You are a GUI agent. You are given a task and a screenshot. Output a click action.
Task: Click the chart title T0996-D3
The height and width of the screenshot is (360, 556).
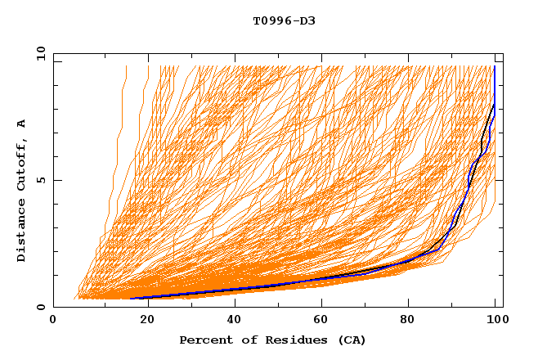click(x=284, y=20)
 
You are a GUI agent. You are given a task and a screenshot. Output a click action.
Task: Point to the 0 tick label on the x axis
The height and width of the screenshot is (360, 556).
click(x=53, y=322)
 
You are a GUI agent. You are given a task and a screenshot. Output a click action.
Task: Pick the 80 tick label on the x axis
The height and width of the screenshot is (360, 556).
click(x=414, y=322)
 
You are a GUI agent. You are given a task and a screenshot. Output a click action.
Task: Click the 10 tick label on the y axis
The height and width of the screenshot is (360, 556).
click(x=39, y=53)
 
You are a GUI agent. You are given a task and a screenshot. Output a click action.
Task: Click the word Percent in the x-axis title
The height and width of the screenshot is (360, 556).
click(x=204, y=340)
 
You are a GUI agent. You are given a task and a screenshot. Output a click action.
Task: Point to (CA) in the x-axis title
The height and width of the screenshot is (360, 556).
click(x=351, y=340)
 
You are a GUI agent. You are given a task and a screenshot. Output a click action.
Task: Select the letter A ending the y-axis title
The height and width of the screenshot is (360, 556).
click(x=22, y=123)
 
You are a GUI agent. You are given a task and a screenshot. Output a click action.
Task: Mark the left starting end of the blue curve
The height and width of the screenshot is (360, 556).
click(x=131, y=299)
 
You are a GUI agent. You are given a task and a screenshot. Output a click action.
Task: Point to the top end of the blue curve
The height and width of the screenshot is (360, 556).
click(x=495, y=67)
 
